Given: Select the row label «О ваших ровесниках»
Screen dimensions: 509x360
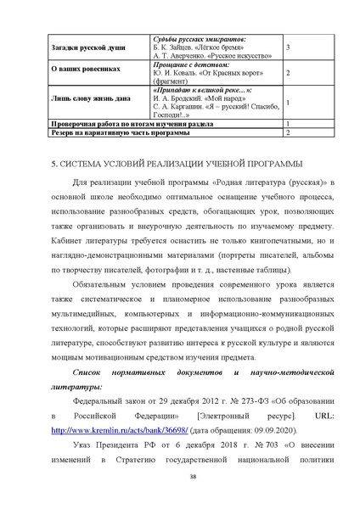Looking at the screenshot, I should click(76, 73).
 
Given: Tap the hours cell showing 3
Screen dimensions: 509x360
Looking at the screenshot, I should click(290, 48).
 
